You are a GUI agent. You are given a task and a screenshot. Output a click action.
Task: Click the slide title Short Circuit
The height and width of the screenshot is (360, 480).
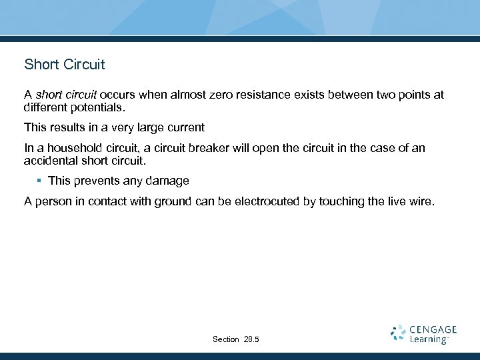point(65,65)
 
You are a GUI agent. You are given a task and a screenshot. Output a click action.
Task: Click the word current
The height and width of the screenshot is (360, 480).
point(189,127)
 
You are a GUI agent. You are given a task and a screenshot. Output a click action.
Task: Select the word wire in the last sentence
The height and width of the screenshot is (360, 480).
point(421,201)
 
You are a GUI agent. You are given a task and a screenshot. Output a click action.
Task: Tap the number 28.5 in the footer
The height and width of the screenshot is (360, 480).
point(252,340)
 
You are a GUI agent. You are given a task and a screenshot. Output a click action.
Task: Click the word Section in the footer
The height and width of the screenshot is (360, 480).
point(225,340)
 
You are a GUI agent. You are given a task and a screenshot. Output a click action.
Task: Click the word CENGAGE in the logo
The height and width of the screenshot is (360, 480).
point(433,329)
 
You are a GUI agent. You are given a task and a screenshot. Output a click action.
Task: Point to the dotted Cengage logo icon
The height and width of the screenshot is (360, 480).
point(398,333)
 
